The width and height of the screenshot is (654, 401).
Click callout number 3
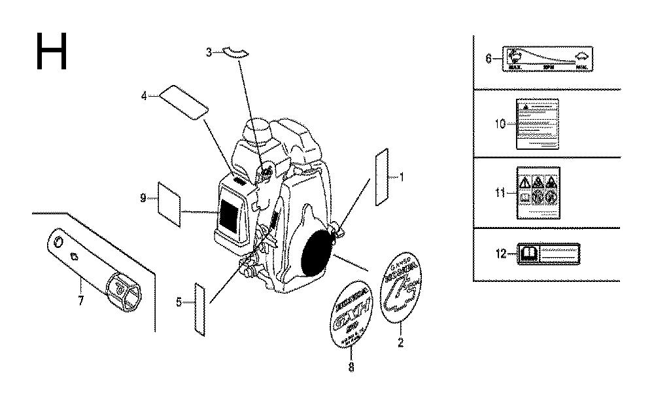coord(209,52)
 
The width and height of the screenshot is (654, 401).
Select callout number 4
coord(144,96)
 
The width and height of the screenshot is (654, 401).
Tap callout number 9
coord(143,198)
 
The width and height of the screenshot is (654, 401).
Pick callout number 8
coord(351,367)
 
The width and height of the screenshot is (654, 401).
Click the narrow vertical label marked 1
coord(382,177)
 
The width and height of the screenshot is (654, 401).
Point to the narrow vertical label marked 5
coord(200,303)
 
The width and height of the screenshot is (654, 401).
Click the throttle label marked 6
coord(547,59)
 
